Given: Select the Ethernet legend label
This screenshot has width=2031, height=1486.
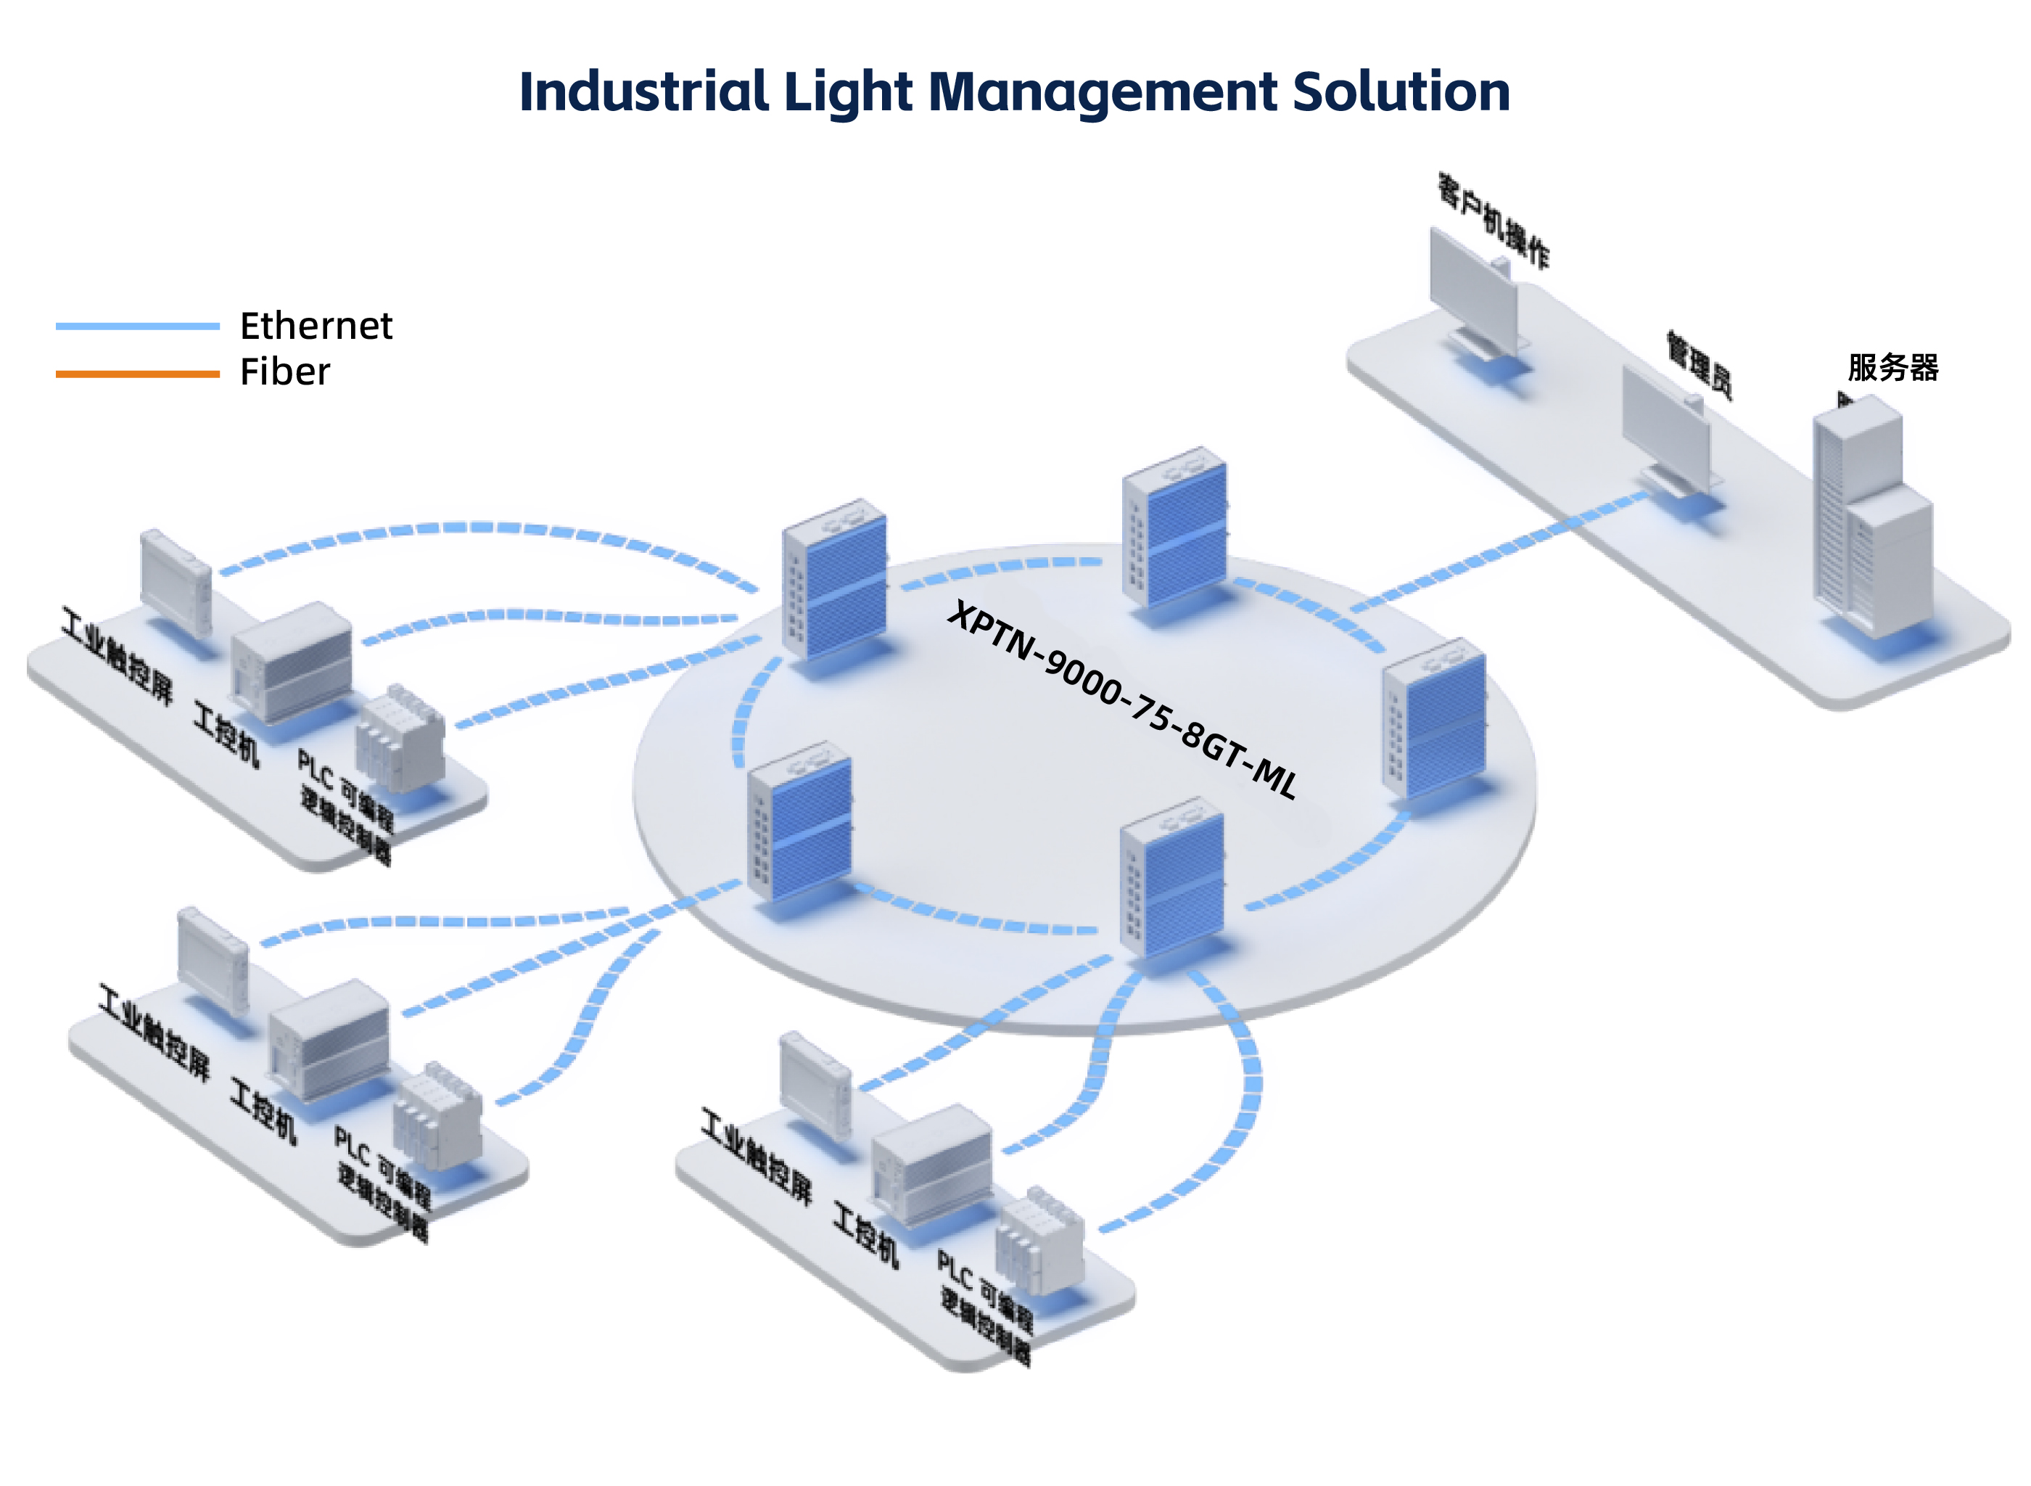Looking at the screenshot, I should pos(316,326).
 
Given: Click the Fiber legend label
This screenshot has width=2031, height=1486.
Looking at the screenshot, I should pos(284,372).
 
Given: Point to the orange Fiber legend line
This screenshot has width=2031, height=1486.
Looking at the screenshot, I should pos(136,373).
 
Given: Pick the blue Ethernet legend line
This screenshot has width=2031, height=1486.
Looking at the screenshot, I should pos(136,326).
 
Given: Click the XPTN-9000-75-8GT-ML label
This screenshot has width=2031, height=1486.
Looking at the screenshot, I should pos(1122,699).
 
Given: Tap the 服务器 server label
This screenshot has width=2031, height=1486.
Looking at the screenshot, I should pos(1892,368).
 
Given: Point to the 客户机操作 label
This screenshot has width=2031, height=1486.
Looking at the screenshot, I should pos(1493,221).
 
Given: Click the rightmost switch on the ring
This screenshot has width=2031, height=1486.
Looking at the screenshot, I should pos(1434,720).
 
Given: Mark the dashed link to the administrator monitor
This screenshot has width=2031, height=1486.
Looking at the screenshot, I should pos(1501,549).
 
